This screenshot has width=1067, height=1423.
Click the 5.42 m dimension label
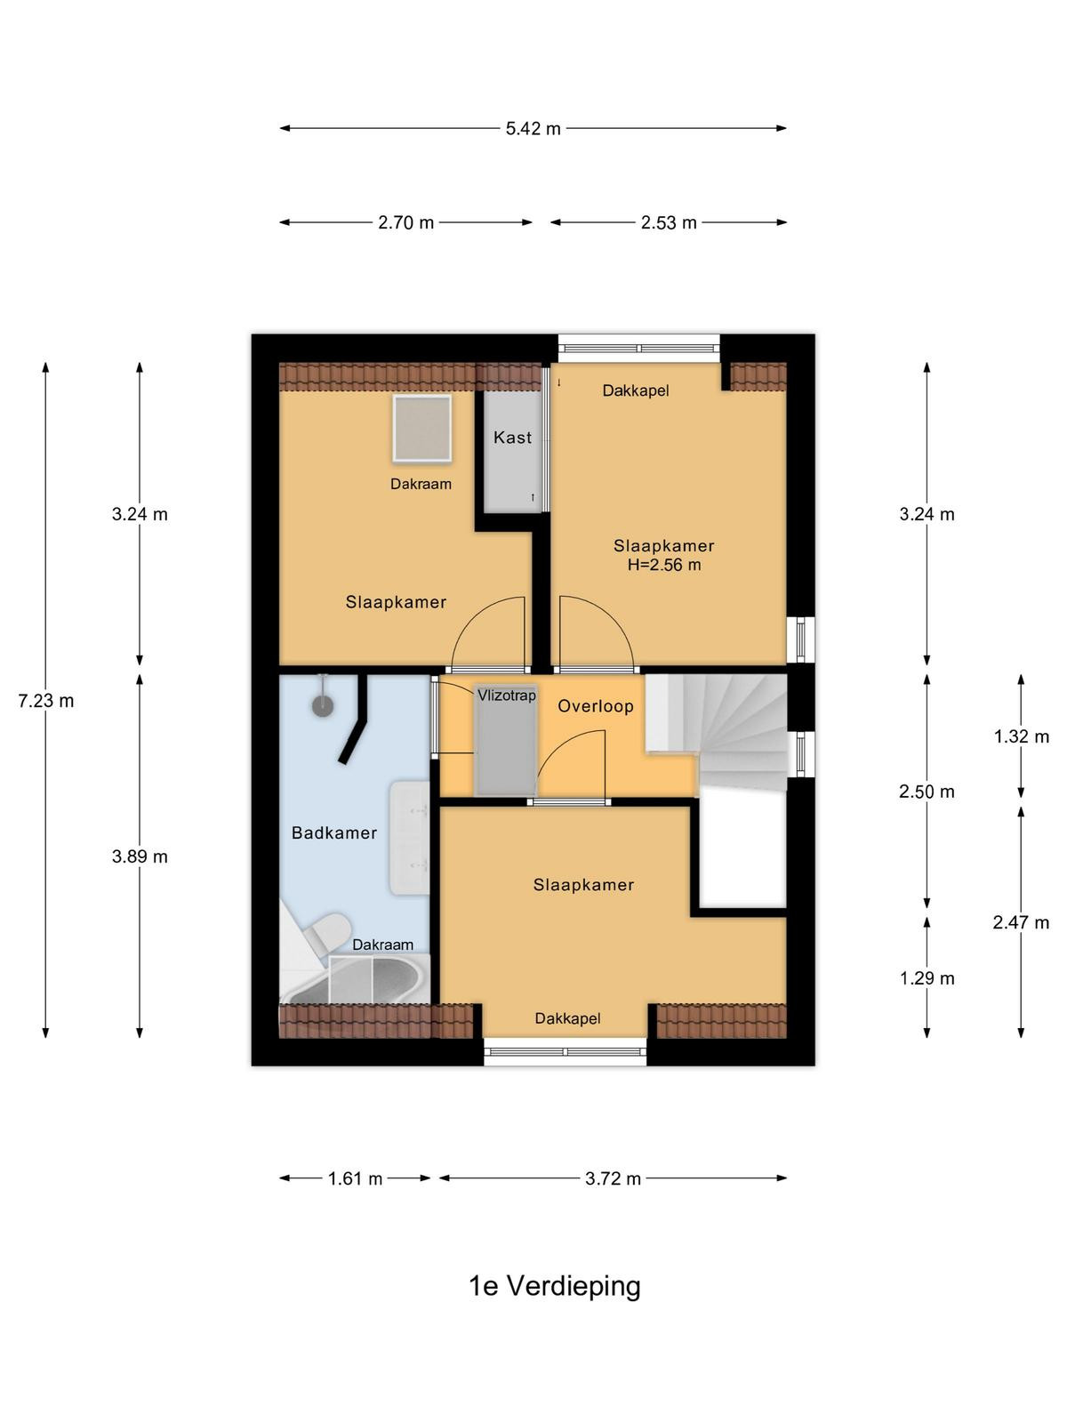coord(533,128)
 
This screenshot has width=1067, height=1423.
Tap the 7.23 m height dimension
coord(46,701)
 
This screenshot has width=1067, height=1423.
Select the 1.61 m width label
coord(355,1178)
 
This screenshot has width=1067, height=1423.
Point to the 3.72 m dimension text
coord(613,1178)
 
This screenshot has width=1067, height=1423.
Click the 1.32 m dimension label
coord(1022,736)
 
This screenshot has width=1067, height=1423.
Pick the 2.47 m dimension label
coord(1021,922)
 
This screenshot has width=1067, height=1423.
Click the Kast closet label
coord(512,438)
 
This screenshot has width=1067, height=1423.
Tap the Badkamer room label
coord(334,833)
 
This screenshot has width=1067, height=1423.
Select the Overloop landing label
coord(596,706)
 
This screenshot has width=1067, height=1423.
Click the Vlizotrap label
coord(507,695)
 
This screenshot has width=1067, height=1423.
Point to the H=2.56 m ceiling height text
coord(664,565)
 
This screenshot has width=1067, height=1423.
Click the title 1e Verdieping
coord(555,1286)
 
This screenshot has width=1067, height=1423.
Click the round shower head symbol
coord(323,705)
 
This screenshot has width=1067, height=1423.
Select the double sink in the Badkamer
coord(409,839)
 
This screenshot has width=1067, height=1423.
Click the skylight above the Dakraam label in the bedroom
coord(421,429)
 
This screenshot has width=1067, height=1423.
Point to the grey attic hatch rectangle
coord(505,740)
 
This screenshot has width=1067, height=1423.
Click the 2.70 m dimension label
coord(406,222)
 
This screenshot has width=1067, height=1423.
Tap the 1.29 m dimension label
coord(927,978)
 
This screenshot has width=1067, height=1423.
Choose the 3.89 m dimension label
coord(140,857)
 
